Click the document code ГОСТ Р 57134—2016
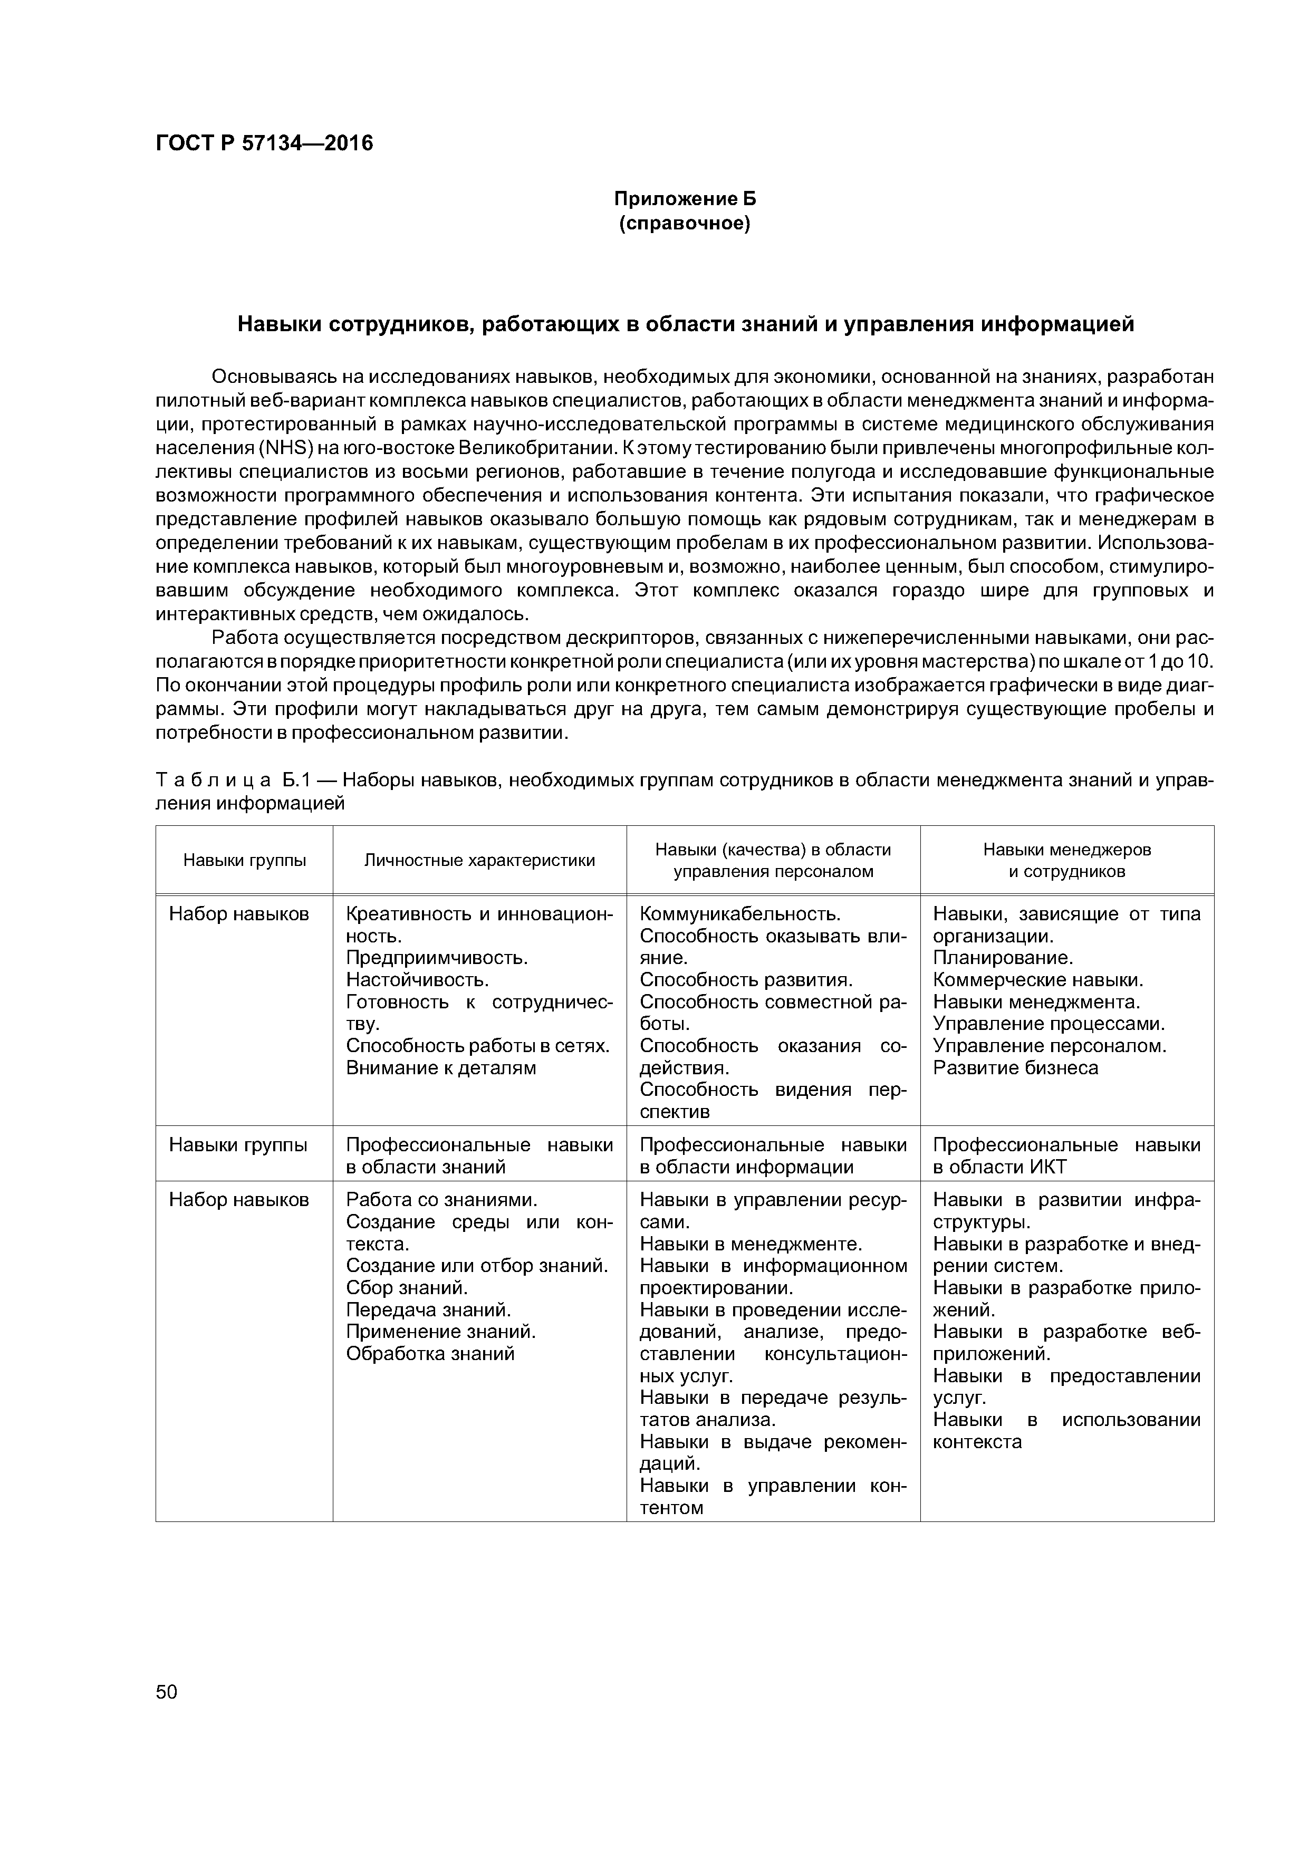coord(264,143)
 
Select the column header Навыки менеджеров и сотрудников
coord(1066,861)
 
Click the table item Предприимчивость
coord(437,958)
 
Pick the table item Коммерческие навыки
coord(1038,980)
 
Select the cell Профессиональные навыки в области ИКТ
coord(1066,1155)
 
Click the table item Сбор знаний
coord(406,1288)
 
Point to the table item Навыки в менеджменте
coord(751,1244)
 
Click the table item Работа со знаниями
coord(441,1200)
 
